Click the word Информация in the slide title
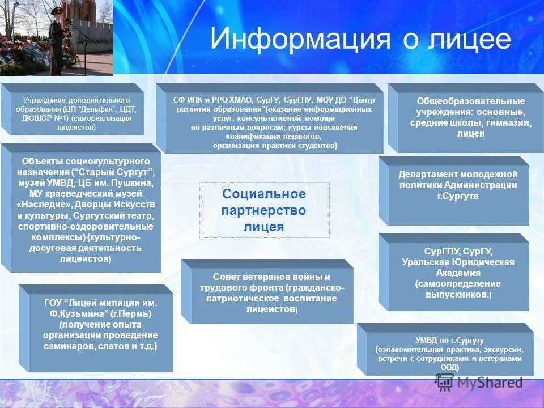point(300,40)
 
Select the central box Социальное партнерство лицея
point(264,210)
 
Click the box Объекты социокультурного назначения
point(84,210)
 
